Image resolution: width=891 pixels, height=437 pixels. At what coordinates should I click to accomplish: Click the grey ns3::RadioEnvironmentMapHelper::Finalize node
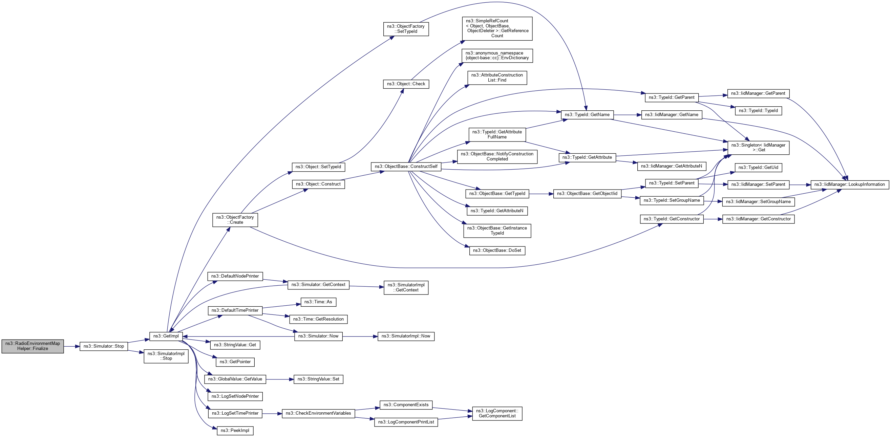[33, 346]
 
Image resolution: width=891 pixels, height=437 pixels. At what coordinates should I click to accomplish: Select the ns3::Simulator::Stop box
[104, 346]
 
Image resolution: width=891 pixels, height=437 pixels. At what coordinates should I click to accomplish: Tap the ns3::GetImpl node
[166, 336]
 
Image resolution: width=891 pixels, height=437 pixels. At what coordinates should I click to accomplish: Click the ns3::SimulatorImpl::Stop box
[166, 356]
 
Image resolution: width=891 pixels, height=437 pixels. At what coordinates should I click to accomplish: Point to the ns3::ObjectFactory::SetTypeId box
[406, 29]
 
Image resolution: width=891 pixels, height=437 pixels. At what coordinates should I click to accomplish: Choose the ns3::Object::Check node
[406, 84]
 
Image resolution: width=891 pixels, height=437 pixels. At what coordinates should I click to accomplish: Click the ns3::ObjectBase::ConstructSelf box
[406, 167]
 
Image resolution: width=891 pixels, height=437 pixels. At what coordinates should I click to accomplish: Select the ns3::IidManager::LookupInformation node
[849, 184]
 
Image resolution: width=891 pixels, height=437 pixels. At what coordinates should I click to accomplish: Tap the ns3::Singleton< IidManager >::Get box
[758, 148]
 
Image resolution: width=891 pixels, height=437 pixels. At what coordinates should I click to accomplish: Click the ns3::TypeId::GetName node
[587, 115]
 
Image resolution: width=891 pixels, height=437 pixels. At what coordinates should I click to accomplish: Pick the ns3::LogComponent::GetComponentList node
[497, 414]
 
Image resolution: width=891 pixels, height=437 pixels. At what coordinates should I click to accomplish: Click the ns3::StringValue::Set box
[318, 379]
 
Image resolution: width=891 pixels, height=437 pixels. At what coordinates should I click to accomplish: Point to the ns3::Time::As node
[318, 302]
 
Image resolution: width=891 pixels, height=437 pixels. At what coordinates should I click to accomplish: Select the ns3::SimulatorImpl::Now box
[406, 336]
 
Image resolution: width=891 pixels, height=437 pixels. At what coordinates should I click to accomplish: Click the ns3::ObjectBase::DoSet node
[497, 250]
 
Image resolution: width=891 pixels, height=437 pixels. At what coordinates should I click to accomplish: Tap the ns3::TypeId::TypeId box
[758, 111]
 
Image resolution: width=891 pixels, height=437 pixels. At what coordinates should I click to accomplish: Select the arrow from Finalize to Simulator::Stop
[71, 346]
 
